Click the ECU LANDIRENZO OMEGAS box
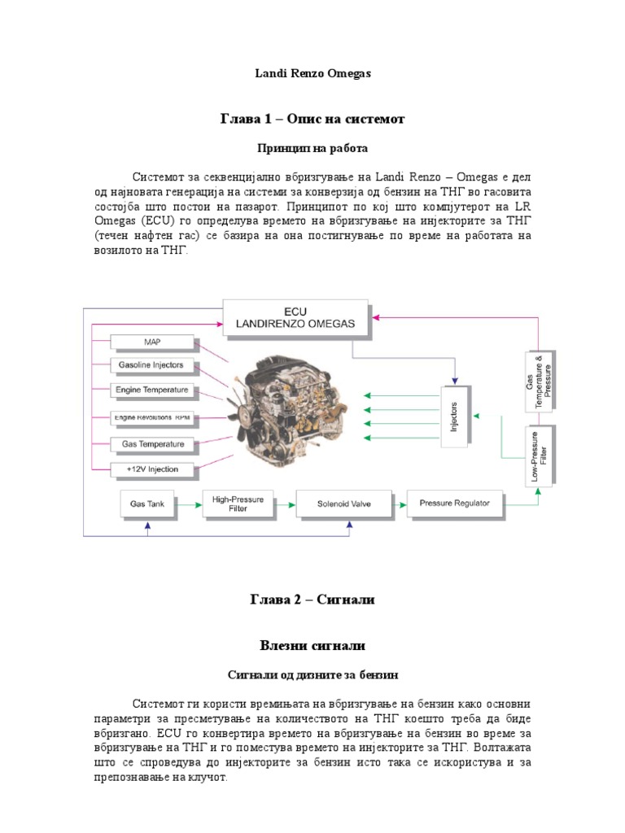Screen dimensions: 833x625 point(295,317)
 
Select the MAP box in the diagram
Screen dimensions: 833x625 point(152,342)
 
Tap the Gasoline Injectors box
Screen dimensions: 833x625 point(152,364)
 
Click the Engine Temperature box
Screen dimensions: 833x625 point(152,390)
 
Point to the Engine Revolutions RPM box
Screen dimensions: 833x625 point(152,416)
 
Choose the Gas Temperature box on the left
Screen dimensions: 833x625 point(152,444)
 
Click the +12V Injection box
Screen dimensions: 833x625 point(152,469)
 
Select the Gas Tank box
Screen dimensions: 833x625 point(147,504)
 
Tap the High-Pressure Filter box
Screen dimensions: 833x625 point(238,504)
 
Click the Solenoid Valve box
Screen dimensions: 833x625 point(343,504)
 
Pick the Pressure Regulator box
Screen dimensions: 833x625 point(454,504)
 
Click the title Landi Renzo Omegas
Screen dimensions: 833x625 point(312,73)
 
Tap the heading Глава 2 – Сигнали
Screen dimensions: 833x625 point(312,600)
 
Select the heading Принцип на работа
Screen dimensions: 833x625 point(312,149)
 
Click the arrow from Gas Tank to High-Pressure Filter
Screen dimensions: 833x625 point(190,504)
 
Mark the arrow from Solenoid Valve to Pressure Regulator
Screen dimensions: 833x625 point(399,504)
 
